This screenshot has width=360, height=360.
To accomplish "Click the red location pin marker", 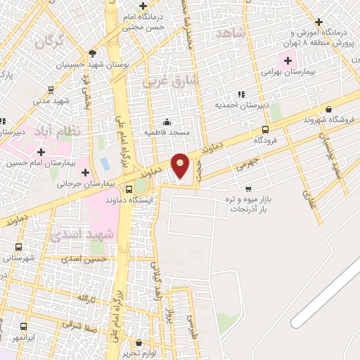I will (181, 167).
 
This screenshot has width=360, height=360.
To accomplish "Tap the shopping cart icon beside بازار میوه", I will (248, 188).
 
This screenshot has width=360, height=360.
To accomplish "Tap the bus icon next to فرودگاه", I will (265, 129).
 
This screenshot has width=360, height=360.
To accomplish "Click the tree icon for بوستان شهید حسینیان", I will (92, 53).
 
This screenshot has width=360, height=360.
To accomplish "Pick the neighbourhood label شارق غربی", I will (172, 81).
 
